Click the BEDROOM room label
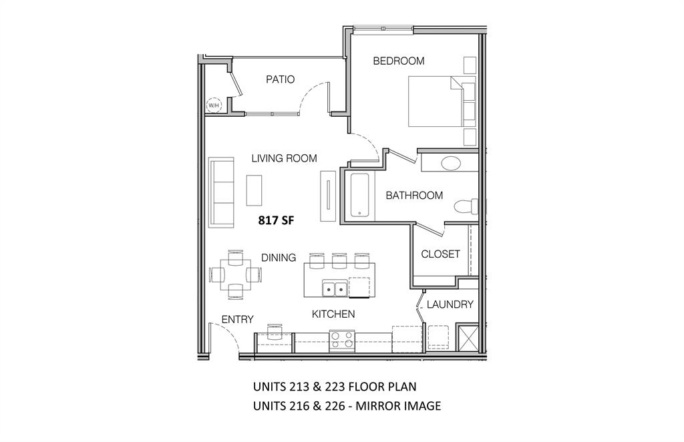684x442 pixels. (x=398, y=61)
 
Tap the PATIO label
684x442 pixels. (x=280, y=79)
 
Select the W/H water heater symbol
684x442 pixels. (x=214, y=105)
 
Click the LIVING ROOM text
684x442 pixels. (x=284, y=158)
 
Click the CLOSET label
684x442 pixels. (x=440, y=254)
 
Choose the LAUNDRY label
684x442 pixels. (x=450, y=304)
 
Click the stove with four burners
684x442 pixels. (x=341, y=342)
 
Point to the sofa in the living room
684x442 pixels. (x=221, y=192)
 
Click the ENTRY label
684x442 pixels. (x=237, y=320)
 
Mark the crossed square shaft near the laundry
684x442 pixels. (x=467, y=337)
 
